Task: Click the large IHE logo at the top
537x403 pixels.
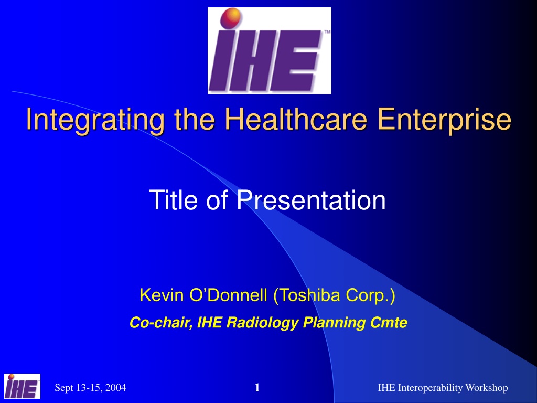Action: pyautogui.click(x=269, y=50)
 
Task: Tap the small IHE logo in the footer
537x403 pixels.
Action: pyautogui.click(x=22, y=386)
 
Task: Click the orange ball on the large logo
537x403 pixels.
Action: pyautogui.click(x=231, y=18)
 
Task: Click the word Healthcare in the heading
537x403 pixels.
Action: pyautogui.click(x=296, y=119)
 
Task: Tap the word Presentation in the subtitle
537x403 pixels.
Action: pyautogui.click(x=312, y=199)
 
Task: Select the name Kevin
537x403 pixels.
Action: pyautogui.click(x=162, y=295)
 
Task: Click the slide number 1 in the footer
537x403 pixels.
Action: pyautogui.click(x=257, y=388)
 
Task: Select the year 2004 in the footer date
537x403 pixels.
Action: pyautogui.click(x=116, y=388)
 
